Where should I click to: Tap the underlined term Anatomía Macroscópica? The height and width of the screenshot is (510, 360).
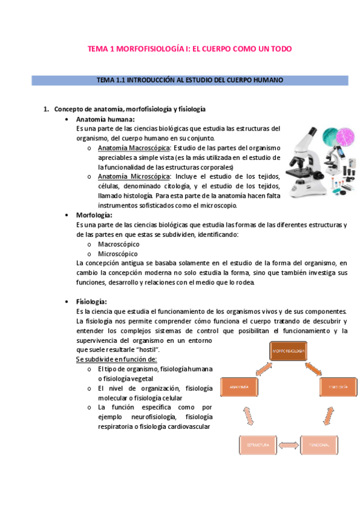pyautogui.click(x=134, y=148)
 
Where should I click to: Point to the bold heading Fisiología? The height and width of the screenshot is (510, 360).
pyautogui.click(x=91, y=301)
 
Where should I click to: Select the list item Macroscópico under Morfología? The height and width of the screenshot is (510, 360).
pyautogui.click(x=118, y=244)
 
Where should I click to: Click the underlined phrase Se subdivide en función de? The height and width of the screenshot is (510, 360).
pyautogui.click(x=116, y=359)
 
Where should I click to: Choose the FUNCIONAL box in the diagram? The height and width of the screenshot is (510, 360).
pyautogui.click(x=319, y=445)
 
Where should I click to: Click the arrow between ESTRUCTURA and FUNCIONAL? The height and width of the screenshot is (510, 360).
pyautogui.click(x=288, y=445)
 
